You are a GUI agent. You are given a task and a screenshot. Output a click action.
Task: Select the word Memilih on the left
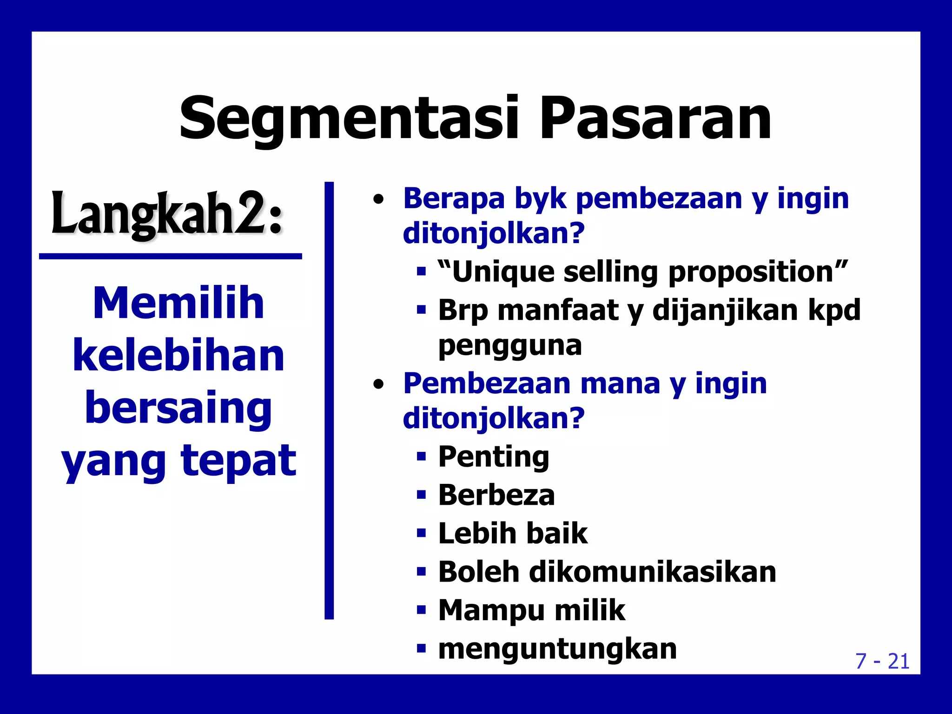coord(178,303)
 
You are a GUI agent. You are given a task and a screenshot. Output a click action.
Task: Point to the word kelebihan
coord(178,356)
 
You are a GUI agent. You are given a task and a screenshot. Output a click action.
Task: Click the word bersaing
coord(178,408)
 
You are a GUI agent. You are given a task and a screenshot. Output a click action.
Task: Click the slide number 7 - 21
coord(882,661)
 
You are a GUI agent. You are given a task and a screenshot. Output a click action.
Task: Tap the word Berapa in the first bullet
coord(454,198)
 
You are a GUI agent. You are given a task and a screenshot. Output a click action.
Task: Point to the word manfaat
coord(558,310)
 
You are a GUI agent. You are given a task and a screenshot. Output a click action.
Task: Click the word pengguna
coord(510,345)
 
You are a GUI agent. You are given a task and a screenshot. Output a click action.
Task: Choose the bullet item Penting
coord(494,456)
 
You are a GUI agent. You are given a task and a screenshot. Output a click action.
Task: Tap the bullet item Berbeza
coord(496,495)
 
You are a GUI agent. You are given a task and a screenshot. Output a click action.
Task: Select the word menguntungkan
coord(557,649)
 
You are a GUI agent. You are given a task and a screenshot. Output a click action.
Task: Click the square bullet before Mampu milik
coord(421,610)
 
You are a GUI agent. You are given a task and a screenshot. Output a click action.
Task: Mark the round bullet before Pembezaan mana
coord(379,384)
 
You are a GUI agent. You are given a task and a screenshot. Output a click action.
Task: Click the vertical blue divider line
coord(329,400)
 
